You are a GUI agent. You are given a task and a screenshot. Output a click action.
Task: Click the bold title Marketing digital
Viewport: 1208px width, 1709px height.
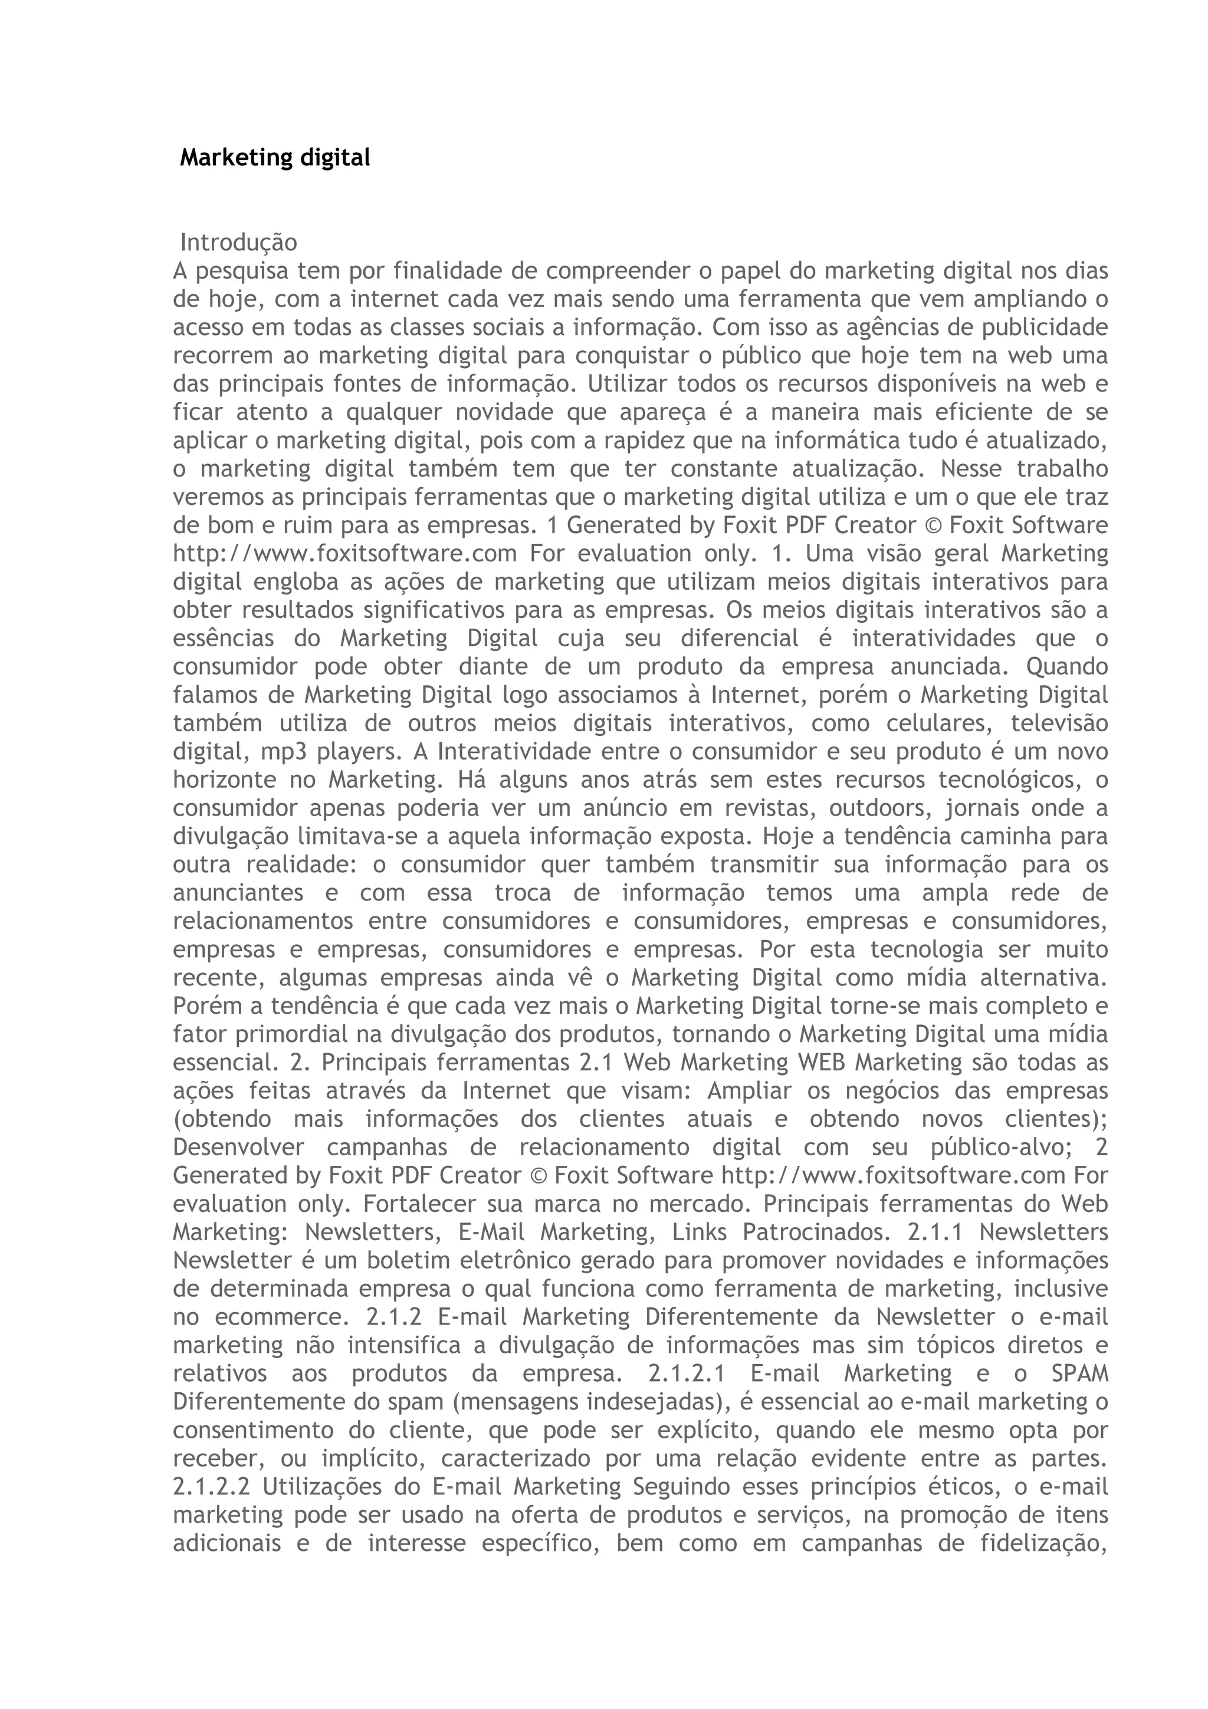tap(275, 158)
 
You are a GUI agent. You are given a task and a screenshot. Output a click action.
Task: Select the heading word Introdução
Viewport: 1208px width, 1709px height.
tap(238, 242)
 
